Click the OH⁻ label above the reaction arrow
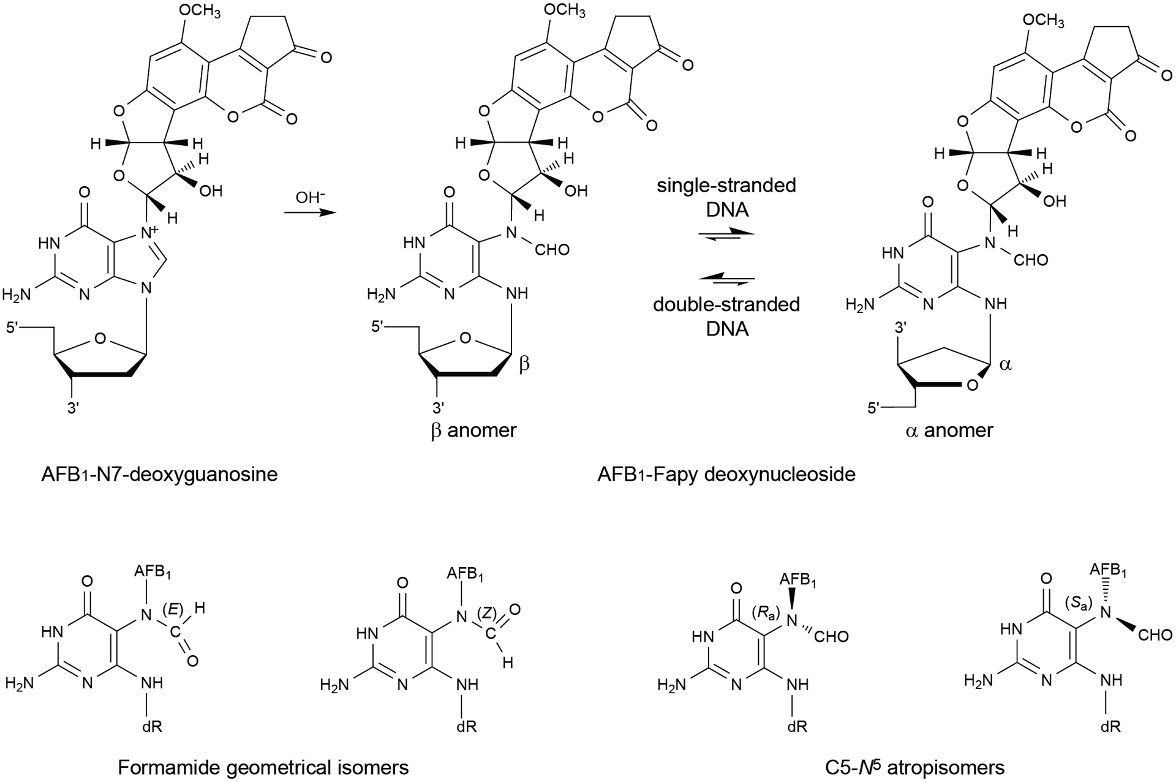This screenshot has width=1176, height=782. [x=310, y=198]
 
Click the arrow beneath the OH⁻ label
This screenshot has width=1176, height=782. [x=310, y=213]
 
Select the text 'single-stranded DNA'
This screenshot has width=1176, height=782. [x=726, y=197]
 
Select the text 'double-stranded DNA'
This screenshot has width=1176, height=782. [x=726, y=316]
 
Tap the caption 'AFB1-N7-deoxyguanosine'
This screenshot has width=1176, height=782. [x=160, y=474]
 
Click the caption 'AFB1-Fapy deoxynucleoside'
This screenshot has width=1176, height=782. [x=726, y=474]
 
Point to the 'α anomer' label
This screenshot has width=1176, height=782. [x=949, y=430]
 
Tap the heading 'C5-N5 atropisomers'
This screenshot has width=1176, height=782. [x=914, y=767]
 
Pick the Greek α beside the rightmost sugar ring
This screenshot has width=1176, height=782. [x=1006, y=365]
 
